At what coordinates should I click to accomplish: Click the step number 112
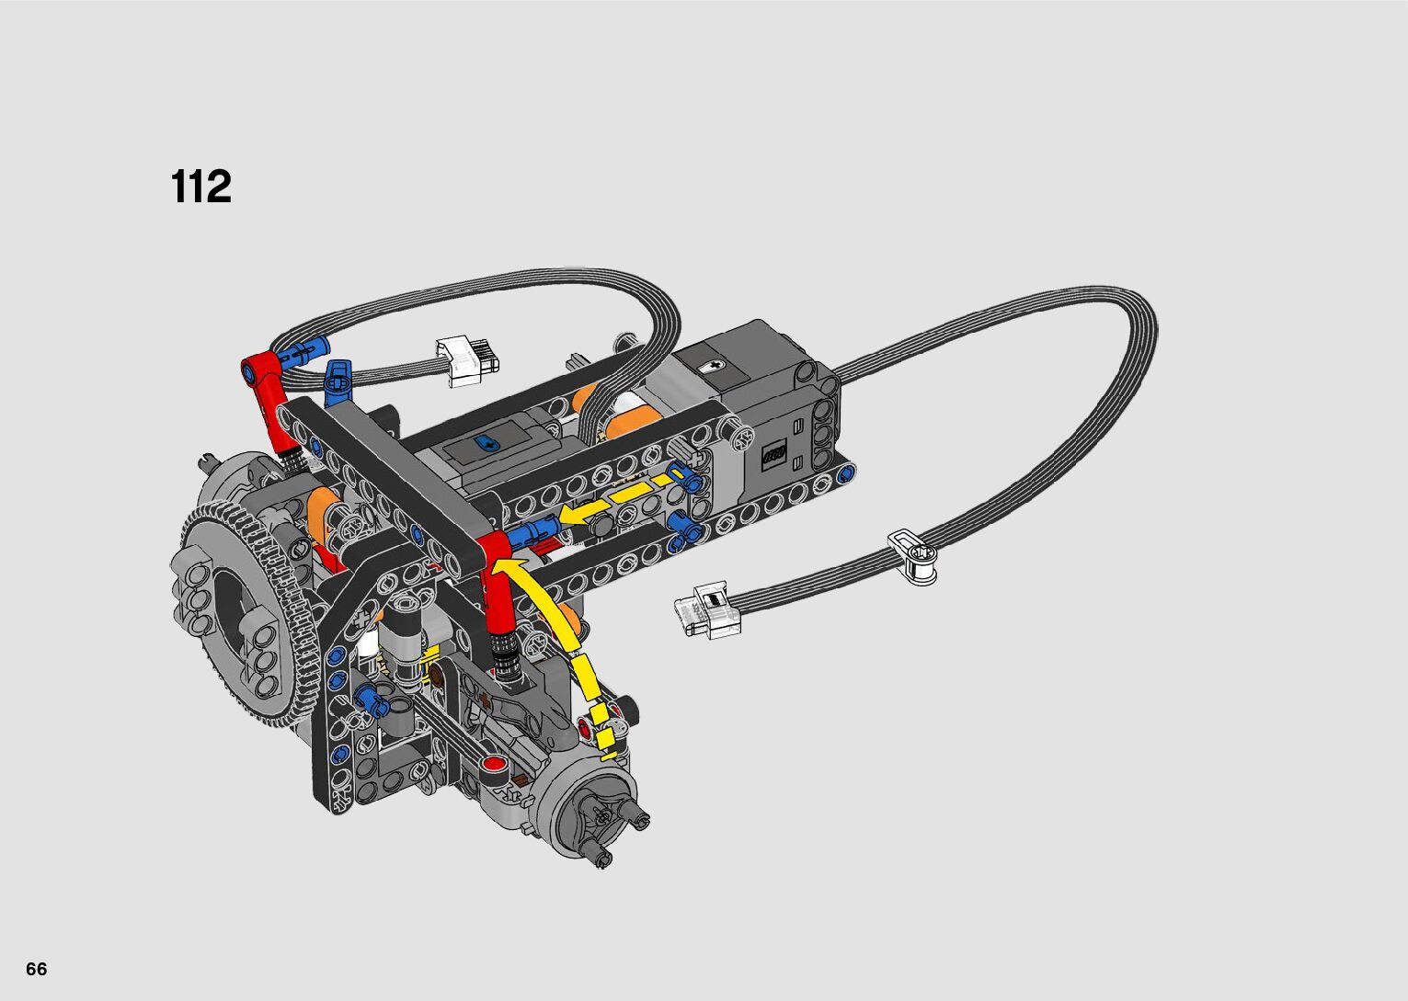tap(201, 186)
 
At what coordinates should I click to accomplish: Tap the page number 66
tap(37, 969)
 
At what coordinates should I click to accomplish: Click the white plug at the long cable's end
tap(708, 610)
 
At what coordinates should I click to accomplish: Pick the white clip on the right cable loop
tap(913, 556)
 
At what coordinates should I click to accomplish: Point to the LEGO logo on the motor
tap(773, 454)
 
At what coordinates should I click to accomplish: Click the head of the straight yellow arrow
tap(571, 514)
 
